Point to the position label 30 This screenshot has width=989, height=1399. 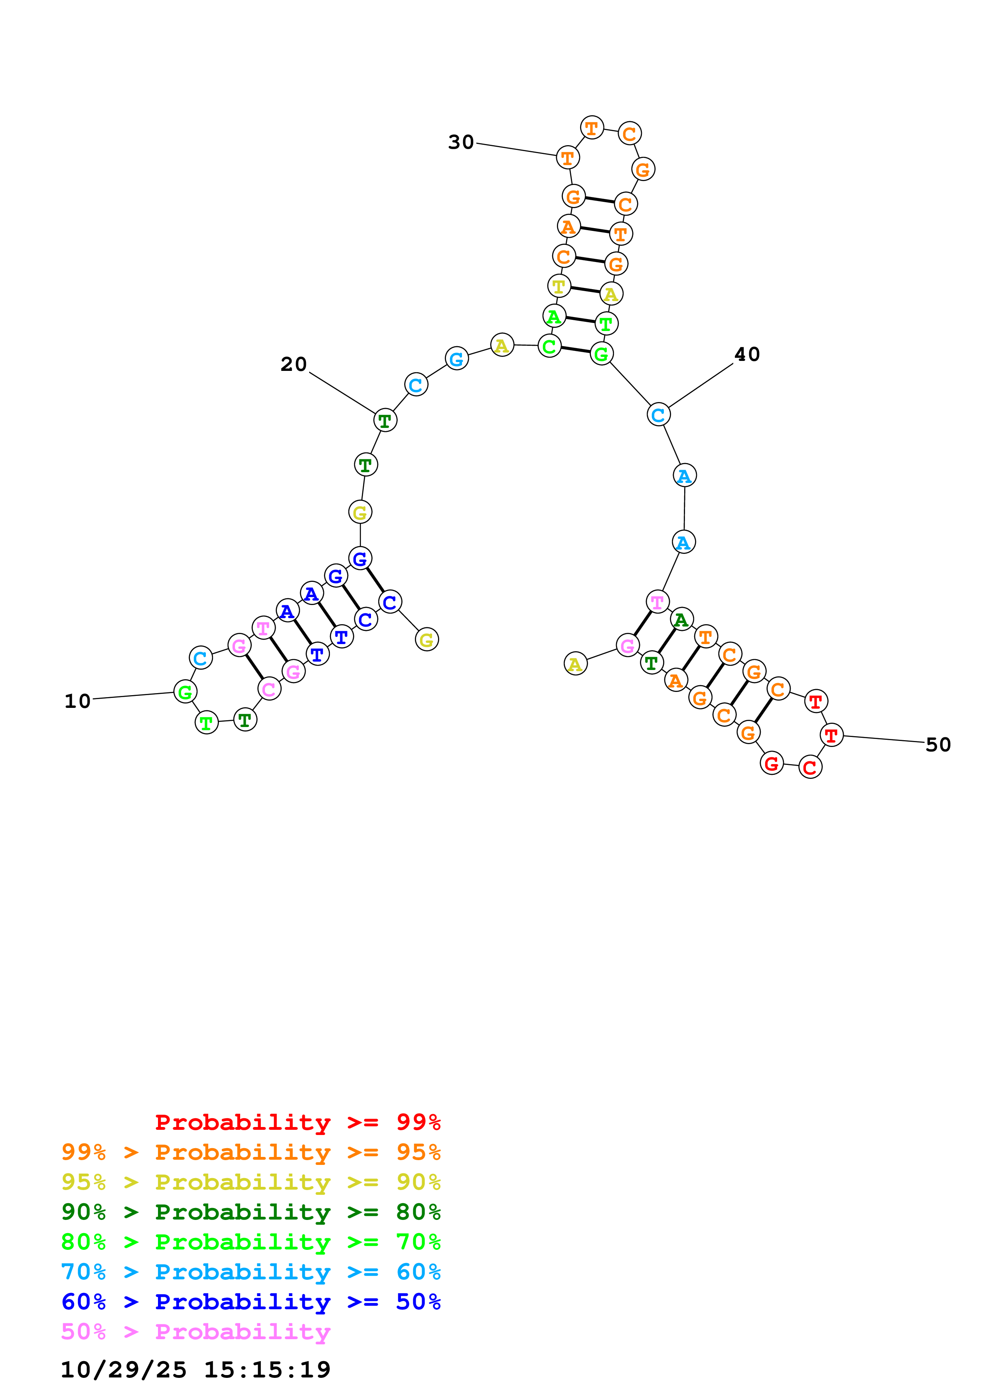click(x=461, y=142)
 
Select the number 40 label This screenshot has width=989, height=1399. click(x=747, y=354)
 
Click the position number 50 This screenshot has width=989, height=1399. click(x=938, y=745)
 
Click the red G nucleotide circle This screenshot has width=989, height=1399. click(x=772, y=763)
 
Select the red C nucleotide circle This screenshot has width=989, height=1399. click(x=810, y=767)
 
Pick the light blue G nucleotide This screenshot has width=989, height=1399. click(x=456, y=359)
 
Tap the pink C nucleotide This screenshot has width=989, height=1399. click(x=269, y=689)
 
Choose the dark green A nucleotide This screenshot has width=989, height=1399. click(x=681, y=620)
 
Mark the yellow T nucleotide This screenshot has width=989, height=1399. click(x=559, y=286)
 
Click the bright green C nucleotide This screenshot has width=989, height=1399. click(x=549, y=346)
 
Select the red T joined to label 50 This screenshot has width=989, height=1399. click(x=831, y=735)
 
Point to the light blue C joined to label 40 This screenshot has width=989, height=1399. click(x=658, y=415)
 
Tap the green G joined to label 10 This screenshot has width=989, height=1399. click(x=185, y=692)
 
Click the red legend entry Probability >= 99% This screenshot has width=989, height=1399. click(x=297, y=1122)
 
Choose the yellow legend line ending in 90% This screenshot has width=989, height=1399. click(x=251, y=1182)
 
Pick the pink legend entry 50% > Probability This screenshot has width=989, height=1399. click(x=195, y=1331)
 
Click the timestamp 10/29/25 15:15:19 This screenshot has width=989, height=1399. click(x=195, y=1369)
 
